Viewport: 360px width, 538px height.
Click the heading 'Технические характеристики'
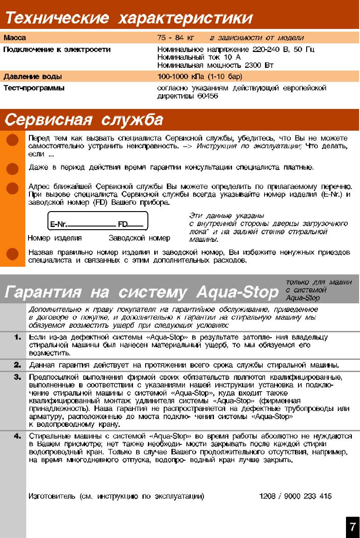click(128, 19)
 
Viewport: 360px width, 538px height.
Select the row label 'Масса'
click(15, 38)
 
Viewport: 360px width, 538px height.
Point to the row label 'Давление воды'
click(33, 76)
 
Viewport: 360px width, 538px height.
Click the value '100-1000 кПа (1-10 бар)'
click(199, 76)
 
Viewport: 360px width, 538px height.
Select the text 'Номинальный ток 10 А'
click(199, 57)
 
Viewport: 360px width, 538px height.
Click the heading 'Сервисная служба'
click(84, 120)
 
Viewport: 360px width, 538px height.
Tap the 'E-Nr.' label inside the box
click(59, 224)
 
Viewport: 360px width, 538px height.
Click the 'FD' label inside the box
click(123, 224)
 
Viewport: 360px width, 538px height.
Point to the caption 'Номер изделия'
click(55, 238)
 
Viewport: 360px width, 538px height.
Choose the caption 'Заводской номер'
click(139, 238)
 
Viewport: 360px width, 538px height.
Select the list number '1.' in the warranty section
click(18, 337)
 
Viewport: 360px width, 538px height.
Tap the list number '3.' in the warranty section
click(18, 377)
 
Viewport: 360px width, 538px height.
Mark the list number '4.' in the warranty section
click(18, 436)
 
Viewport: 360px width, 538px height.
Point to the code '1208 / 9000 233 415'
click(295, 496)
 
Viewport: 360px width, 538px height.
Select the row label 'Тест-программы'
click(34, 88)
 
